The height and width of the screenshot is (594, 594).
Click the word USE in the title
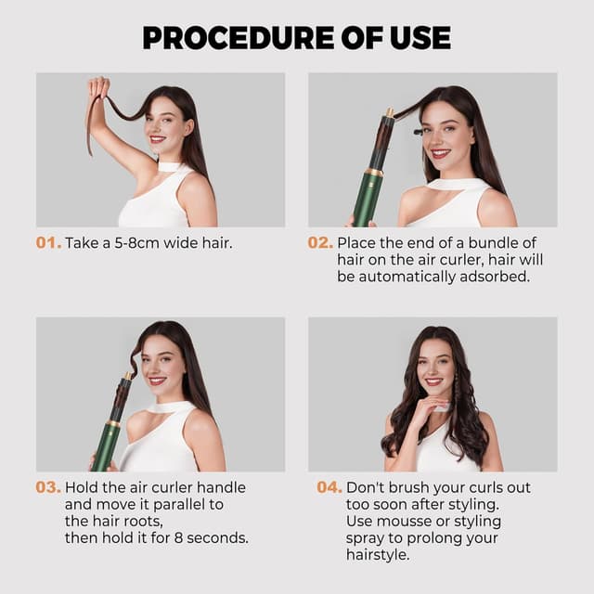click(420, 37)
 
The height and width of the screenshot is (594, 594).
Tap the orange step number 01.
click(47, 243)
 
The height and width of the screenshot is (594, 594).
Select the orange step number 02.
click(320, 243)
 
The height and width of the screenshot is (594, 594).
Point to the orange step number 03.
click(49, 487)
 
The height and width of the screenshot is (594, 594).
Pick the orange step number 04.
click(329, 487)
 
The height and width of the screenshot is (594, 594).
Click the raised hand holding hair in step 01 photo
click(97, 89)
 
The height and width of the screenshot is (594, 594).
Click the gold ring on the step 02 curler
click(373, 172)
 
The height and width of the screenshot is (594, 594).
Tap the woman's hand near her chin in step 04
click(422, 408)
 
